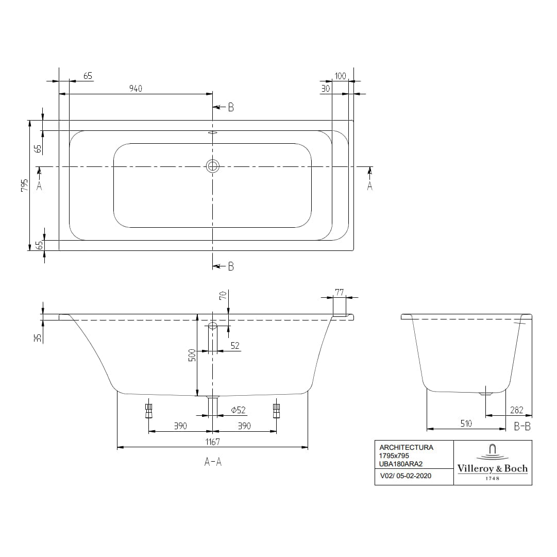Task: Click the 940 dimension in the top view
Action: tap(135, 88)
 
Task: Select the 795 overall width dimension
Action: tap(24, 185)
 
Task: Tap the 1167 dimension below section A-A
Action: tap(212, 442)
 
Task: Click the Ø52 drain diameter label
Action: tap(238, 410)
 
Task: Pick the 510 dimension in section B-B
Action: tap(466, 423)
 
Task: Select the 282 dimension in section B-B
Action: tap(516, 410)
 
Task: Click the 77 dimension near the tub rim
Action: tap(339, 292)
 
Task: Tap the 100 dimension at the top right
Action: tap(340, 76)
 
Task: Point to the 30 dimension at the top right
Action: tap(325, 88)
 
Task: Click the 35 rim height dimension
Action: tap(37, 338)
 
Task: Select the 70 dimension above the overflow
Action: tap(223, 295)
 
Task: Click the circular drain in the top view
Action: tap(212, 166)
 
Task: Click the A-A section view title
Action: tap(212, 462)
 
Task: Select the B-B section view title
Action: tap(522, 426)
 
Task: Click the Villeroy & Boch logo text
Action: tap(492, 468)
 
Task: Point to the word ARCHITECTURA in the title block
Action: tap(406, 447)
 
